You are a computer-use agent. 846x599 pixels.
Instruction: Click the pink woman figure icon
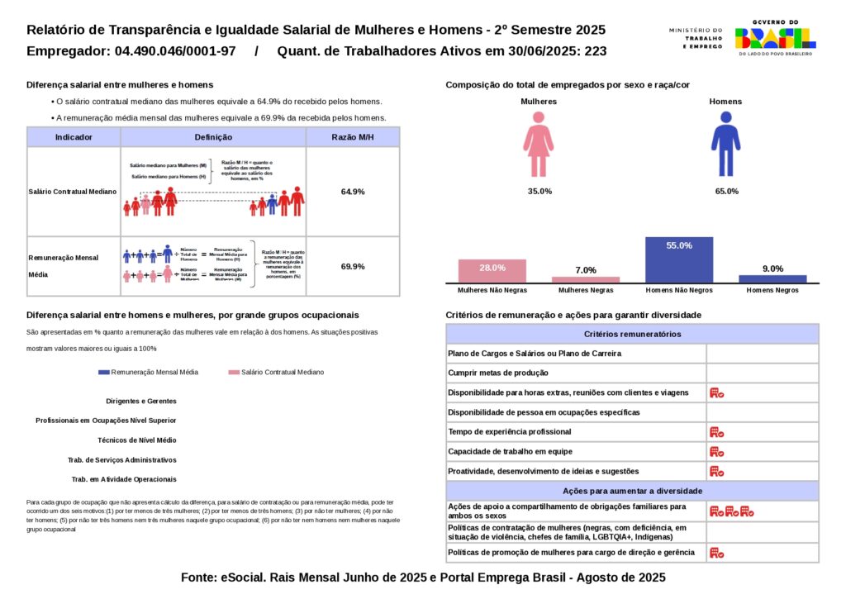538,145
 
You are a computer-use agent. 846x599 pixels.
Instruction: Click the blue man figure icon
725,145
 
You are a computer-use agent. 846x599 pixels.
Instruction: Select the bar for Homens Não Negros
679,259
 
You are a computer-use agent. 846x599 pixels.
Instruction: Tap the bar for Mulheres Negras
586,279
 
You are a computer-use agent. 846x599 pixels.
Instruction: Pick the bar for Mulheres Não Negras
492,271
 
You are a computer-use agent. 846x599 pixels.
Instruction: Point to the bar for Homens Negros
772,278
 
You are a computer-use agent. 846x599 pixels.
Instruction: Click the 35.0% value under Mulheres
539,192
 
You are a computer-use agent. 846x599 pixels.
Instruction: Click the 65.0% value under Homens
726,192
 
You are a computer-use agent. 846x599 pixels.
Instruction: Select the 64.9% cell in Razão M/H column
353,192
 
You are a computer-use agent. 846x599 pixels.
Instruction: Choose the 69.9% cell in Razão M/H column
353,266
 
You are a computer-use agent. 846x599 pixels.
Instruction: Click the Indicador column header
74,137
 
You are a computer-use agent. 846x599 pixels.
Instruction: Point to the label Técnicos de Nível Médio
136,440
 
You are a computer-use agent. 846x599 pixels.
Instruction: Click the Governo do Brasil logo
774,38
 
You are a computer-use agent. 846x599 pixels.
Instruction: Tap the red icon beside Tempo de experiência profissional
716,432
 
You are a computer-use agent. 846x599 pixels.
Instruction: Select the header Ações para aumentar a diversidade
632,491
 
